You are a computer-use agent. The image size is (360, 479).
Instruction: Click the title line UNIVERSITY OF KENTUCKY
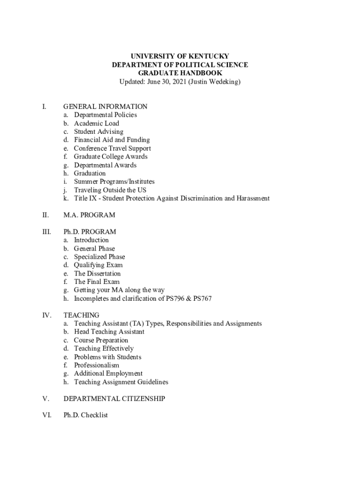[x=180, y=57]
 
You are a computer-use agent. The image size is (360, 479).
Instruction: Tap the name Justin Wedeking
[x=215, y=82]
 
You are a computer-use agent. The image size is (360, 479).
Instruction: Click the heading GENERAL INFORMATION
[x=105, y=107]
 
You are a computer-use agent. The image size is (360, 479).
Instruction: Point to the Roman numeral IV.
[x=47, y=315]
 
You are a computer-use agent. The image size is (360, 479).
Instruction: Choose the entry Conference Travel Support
[x=112, y=148]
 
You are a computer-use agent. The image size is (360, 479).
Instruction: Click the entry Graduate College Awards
[x=110, y=157]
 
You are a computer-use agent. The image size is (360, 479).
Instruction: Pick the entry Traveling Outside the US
[x=110, y=190]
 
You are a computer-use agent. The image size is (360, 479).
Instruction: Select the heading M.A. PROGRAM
[x=89, y=215]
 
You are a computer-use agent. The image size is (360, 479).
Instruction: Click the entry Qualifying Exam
[x=98, y=265]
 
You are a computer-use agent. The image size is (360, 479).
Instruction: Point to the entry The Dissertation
[x=97, y=274]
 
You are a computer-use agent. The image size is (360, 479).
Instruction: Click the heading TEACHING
[x=81, y=315]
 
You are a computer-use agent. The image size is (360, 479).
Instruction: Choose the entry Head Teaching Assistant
[x=109, y=332]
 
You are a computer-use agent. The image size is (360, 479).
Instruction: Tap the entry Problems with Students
[x=108, y=357]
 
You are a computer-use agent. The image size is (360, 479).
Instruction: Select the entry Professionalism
[x=96, y=365]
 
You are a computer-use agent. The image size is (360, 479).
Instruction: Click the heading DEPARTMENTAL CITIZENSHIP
[x=114, y=399]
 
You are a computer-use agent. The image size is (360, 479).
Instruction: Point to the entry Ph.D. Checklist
[x=86, y=415]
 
